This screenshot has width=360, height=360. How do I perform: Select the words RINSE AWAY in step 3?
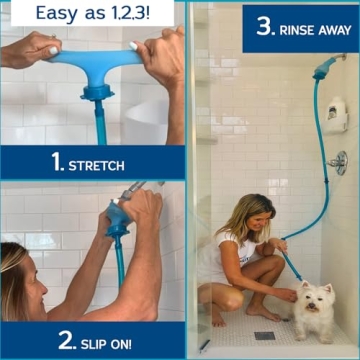(309, 29)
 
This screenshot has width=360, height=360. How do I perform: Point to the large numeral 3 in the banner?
(264, 26)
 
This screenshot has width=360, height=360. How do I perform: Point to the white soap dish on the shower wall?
(336, 113)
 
